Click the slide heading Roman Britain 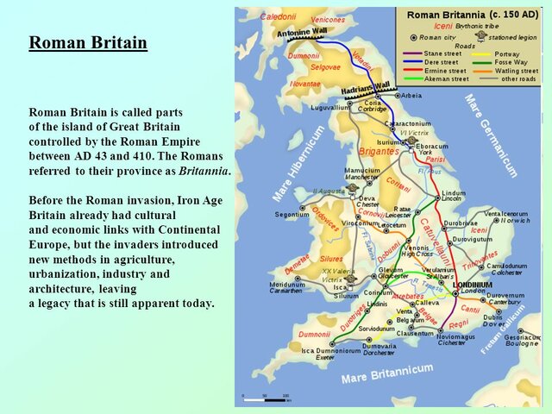click(x=88, y=43)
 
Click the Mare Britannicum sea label click(x=387, y=373)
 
